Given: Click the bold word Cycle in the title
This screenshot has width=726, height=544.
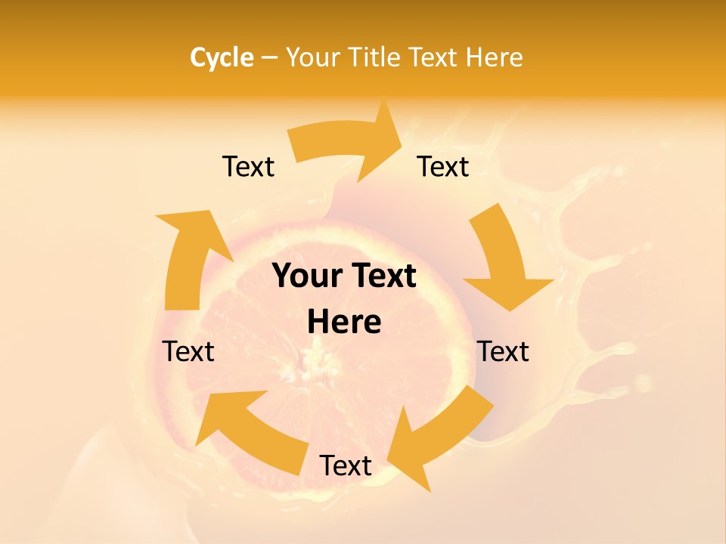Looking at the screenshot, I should point(222,57).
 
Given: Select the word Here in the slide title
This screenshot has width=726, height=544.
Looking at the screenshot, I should point(495,57).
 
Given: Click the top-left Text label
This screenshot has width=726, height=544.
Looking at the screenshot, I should point(248,166).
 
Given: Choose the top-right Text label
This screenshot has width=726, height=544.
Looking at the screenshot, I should point(443,166).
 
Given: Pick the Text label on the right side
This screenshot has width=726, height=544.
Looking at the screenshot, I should point(503,351).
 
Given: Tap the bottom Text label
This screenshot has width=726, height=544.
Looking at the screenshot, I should point(346,465).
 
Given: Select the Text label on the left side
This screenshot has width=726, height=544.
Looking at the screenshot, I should point(188,351).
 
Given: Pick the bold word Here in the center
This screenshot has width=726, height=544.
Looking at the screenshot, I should point(344,322).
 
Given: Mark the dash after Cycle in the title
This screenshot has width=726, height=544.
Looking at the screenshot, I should point(269,57).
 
